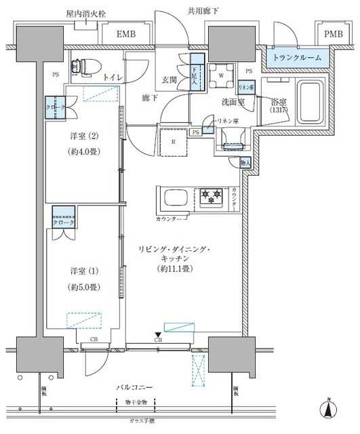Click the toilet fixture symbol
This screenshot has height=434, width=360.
tap(85, 64)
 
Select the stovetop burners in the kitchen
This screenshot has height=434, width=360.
tap(210, 198)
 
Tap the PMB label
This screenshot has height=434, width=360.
tap(332, 35)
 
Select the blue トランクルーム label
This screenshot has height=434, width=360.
tap(296, 58)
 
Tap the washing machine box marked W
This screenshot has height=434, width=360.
tap(221, 76)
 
